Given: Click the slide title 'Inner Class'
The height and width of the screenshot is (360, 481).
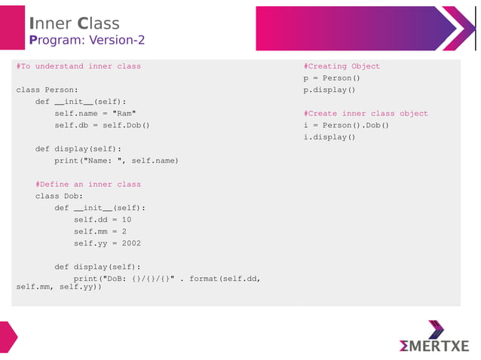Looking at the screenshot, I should (74, 23).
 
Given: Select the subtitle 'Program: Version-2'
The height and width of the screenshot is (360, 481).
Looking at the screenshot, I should (87, 39).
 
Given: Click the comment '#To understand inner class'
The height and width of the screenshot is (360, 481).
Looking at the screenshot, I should (78, 66).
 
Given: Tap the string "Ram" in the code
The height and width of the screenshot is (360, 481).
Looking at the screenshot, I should (124, 114).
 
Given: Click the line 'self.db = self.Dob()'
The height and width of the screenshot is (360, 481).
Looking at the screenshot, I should (102, 125).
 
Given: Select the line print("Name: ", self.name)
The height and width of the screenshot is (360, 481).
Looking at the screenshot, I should (116, 160).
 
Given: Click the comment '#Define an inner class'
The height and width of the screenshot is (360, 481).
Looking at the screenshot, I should (87, 185).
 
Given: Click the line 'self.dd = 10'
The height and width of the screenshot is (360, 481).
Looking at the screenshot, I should (102, 220).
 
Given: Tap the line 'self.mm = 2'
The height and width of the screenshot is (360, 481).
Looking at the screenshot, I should (100, 231).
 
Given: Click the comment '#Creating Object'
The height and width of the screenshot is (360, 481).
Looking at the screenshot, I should (342, 66).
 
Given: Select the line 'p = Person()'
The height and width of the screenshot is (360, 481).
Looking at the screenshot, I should (332, 78).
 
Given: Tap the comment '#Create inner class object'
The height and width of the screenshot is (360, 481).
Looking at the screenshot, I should (366, 114).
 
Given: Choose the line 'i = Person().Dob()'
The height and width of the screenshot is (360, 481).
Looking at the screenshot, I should (346, 125).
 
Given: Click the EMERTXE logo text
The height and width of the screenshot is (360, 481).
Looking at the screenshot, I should (434, 346).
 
